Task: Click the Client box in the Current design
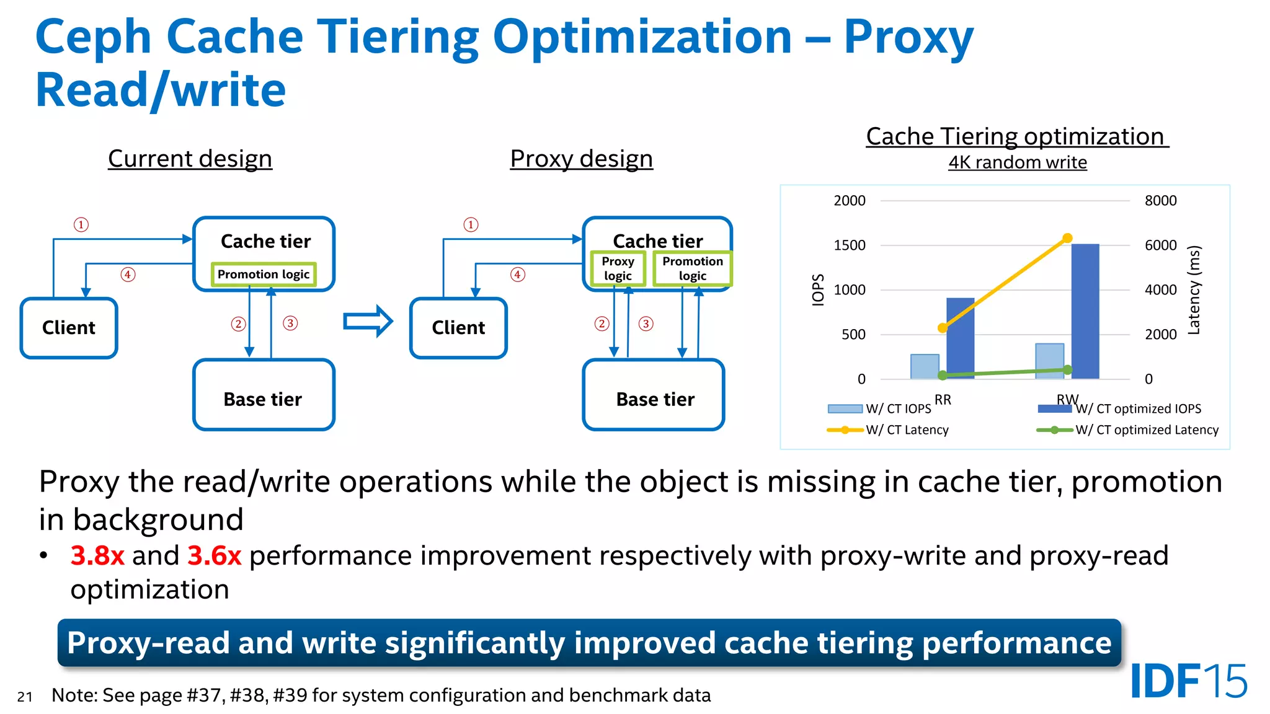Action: pos(69,328)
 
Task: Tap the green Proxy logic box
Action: pos(618,268)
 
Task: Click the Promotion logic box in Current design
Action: pos(264,274)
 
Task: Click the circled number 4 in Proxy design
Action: pos(518,275)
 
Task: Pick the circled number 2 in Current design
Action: pos(238,324)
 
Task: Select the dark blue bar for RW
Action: pos(1085,311)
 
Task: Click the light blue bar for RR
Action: pos(924,366)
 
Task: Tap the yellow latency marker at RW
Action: pos(1067,238)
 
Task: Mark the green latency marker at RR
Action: pos(943,375)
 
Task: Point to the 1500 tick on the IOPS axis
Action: pos(850,245)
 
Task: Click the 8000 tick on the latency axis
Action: pos(1160,201)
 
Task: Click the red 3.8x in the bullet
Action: pos(97,555)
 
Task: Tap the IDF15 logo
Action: pos(1188,681)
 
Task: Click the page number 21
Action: pos(25,697)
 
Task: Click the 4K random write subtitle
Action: pos(1017,162)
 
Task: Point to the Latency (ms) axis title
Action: pos(1194,290)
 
